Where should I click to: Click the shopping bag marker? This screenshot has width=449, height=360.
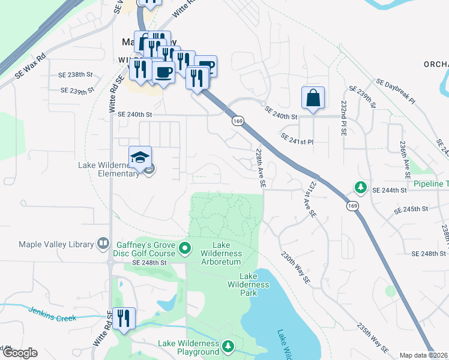click(x=313, y=98)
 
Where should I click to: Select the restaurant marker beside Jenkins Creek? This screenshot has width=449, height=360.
click(x=124, y=319)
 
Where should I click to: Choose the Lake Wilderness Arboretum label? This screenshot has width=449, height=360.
click(x=221, y=253)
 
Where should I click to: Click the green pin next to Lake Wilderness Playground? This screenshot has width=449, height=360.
click(x=228, y=346)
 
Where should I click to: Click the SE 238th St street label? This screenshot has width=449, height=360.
click(x=76, y=75)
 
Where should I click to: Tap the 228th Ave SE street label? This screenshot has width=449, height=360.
click(x=261, y=169)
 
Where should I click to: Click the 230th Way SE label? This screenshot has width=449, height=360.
click(x=295, y=266)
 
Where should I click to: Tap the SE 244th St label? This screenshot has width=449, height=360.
click(x=390, y=190)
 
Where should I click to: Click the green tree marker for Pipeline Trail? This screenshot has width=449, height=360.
click(x=360, y=187)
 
